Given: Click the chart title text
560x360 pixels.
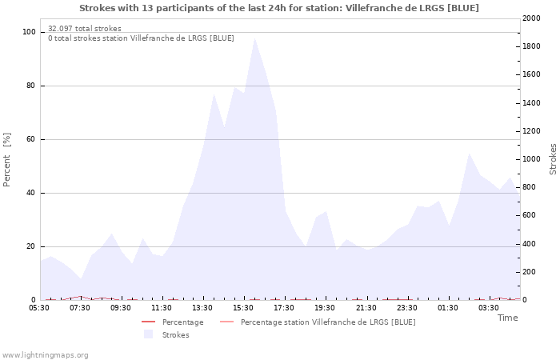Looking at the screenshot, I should tap(279, 8).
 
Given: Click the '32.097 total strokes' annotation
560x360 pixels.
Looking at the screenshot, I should tap(85, 29).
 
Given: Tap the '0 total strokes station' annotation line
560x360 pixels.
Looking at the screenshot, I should tap(141, 38).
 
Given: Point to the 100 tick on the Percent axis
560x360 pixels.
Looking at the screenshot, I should tap(29, 32).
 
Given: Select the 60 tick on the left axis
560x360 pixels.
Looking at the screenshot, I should tap(30, 139).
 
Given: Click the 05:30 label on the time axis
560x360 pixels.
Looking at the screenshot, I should tap(40, 308).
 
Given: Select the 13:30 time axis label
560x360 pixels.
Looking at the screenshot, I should tap(203, 308).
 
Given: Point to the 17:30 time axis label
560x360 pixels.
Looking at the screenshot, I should tap(285, 308).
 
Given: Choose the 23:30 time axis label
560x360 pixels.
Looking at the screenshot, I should tap(407, 308).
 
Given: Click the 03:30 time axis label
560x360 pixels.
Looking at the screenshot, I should tap(489, 308).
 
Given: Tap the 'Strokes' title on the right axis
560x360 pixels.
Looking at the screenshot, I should tap(553, 159).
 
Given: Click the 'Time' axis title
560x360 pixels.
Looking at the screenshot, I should tap(507, 318).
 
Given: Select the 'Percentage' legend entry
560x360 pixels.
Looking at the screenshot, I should tap(182, 322).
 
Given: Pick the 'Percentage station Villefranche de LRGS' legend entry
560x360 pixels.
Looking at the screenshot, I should tap(328, 322).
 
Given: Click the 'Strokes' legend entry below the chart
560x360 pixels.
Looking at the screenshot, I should tap(175, 335).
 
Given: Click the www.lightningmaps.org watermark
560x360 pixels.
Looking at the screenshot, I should tap(46, 355).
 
